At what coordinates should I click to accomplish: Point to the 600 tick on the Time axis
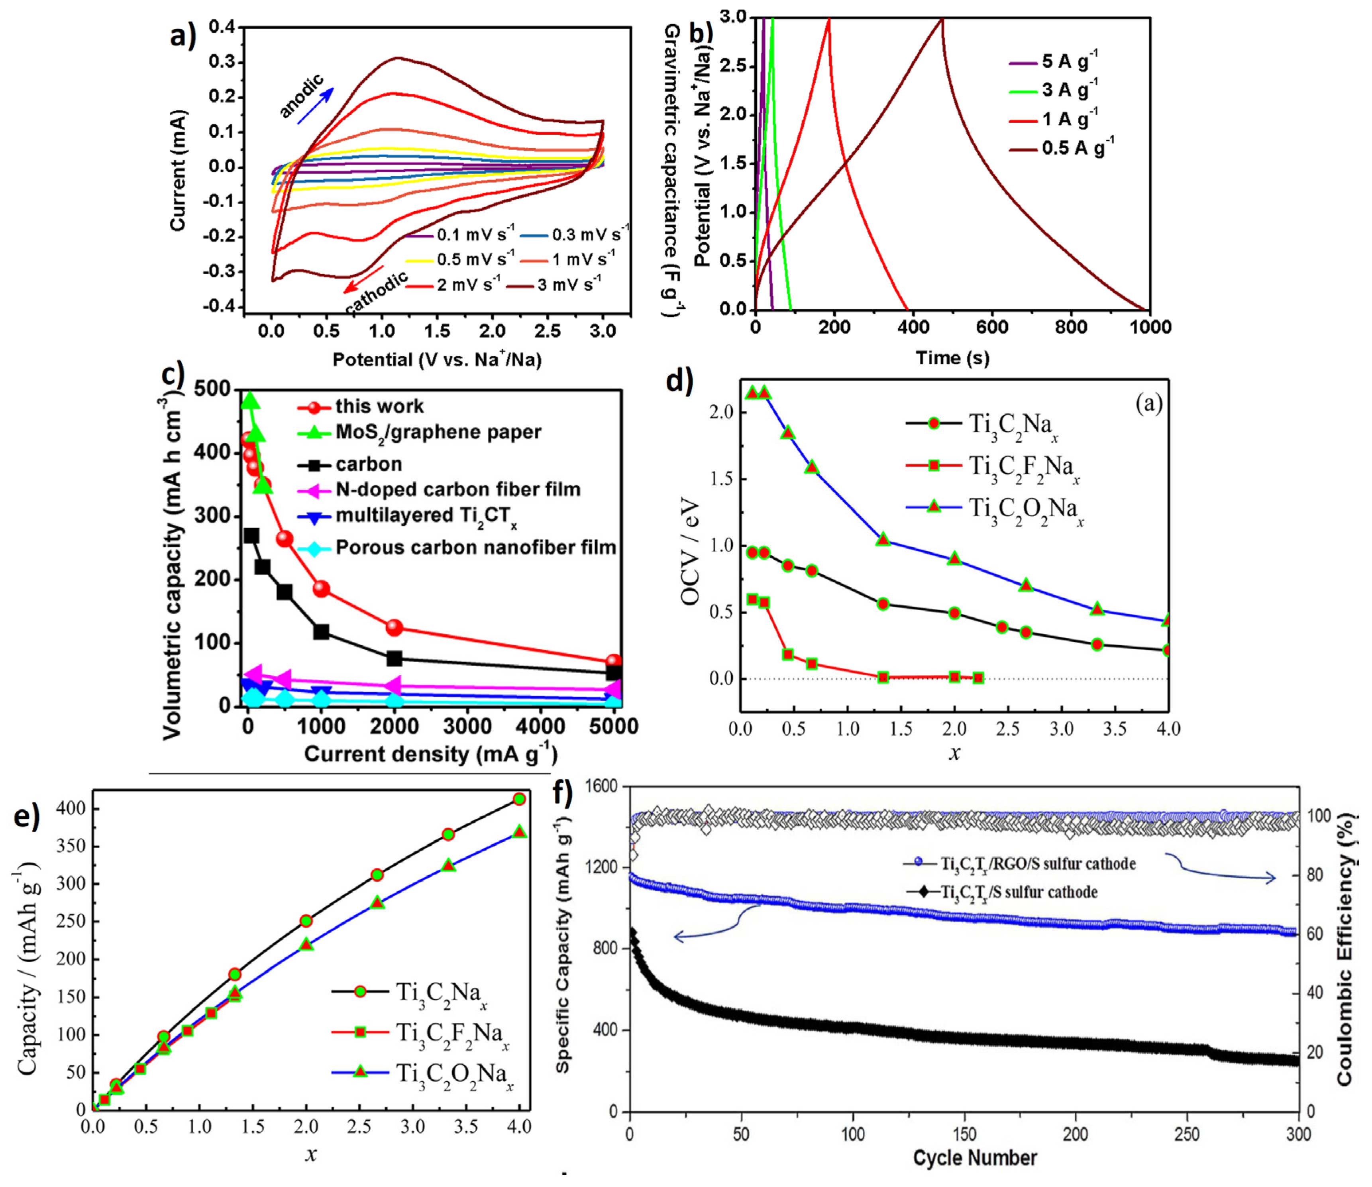(992, 327)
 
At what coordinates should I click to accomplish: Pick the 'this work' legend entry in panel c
(361, 406)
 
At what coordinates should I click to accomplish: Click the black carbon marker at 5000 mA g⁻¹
(614, 673)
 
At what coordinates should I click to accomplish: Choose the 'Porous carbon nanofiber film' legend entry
(457, 548)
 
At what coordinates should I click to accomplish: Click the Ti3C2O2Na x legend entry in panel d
(997, 509)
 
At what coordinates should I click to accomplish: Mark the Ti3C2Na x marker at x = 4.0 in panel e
(519, 799)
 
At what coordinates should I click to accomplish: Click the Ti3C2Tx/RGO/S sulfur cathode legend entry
(1020, 863)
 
